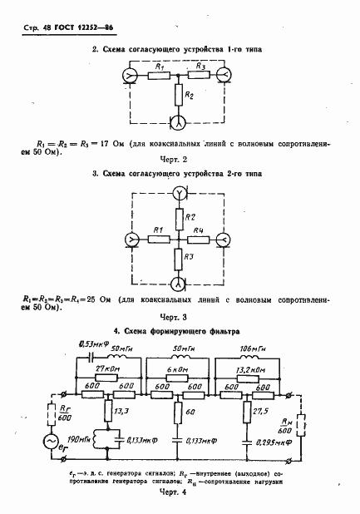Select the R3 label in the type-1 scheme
[x=201, y=67]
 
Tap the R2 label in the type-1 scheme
[x=190, y=96]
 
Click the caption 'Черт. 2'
[x=180, y=158]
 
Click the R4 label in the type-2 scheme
[x=200, y=230]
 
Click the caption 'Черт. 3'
[x=180, y=317]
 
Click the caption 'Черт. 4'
[x=180, y=493]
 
